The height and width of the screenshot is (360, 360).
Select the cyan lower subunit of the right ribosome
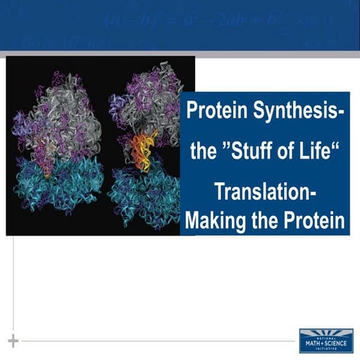(142, 195)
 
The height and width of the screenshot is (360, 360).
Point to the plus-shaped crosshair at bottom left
(13, 341)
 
